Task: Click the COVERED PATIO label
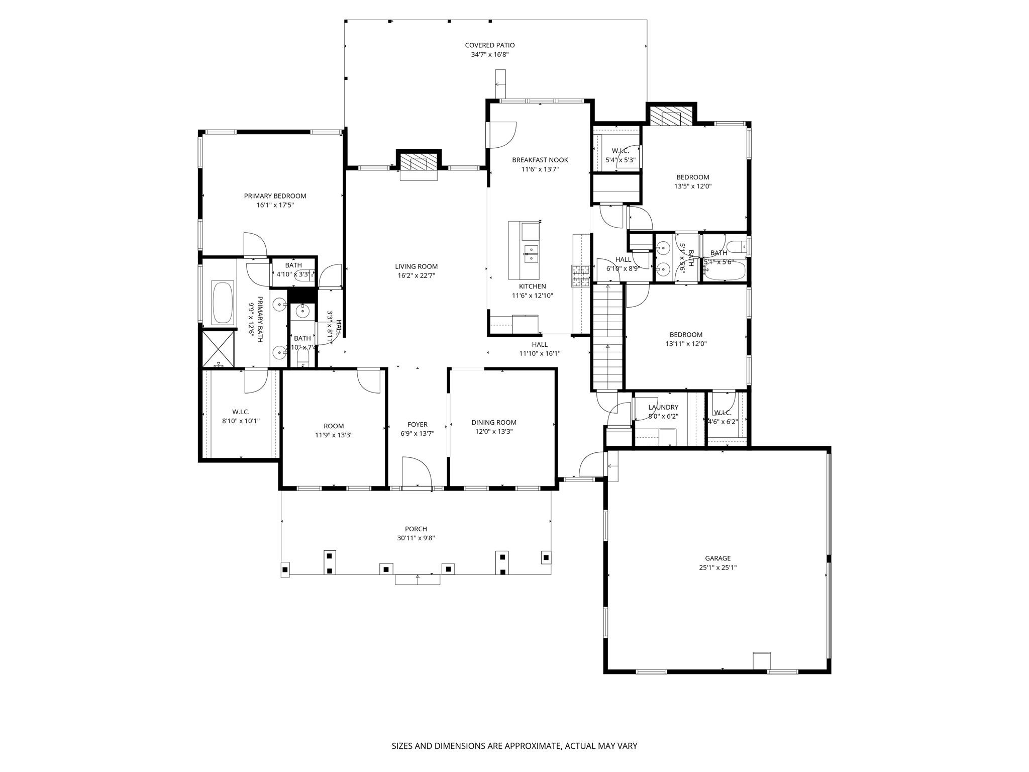[x=489, y=45]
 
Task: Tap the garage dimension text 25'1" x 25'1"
[x=717, y=567]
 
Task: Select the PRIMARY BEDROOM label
[x=275, y=196]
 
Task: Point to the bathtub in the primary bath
[x=223, y=303]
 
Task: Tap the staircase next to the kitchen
[x=607, y=337]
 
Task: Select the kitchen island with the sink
[x=524, y=250]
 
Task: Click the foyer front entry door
[x=417, y=473]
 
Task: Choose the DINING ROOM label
[x=493, y=422]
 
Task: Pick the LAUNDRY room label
[x=663, y=407]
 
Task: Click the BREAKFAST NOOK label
[x=540, y=160]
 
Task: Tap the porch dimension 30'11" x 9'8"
[x=416, y=538]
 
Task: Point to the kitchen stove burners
[x=580, y=275]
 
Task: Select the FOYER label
[x=417, y=425]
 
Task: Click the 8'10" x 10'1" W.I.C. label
[x=241, y=421]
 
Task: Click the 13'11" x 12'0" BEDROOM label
[x=686, y=335]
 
